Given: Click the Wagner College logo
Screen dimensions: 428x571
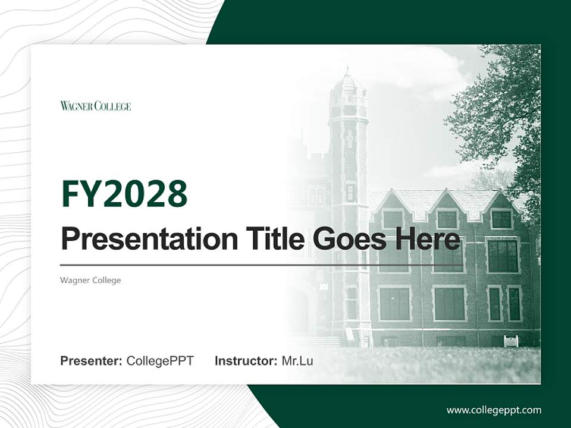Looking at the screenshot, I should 95,106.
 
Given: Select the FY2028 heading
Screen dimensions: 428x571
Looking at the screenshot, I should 124,193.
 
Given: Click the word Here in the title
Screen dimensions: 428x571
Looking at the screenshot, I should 427,239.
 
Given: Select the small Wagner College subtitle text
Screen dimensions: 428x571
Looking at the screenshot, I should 90,280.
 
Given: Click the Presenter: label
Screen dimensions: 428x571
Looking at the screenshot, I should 92,361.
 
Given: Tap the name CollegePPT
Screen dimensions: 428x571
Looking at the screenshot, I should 160,361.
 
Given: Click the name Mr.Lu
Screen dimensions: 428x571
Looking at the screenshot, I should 297,361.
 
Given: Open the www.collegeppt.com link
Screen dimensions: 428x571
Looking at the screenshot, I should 494,410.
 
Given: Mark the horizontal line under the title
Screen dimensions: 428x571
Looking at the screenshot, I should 262,265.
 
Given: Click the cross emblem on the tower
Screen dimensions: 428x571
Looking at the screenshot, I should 349,139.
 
